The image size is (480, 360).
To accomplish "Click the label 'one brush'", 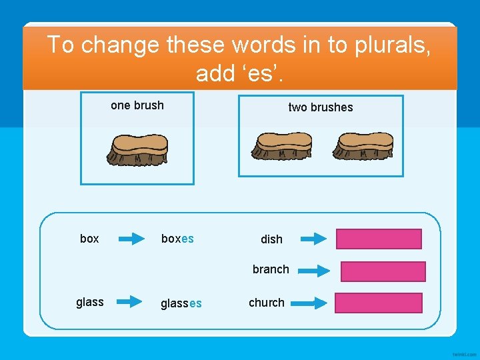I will pyautogui.click(x=137, y=105).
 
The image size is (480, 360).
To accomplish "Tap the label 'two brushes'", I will pyautogui.click(x=320, y=107).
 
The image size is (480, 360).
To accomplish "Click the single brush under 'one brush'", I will pyautogui.click(x=138, y=149).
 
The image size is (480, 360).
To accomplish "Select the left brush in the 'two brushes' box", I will pyautogui.click(x=282, y=145).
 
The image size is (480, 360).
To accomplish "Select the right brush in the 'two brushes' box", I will pyautogui.click(x=365, y=145).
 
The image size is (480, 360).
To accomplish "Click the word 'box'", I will pyautogui.click(x=89, y=239).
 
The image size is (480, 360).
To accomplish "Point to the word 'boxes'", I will pyautogui.click(x=177, y=239).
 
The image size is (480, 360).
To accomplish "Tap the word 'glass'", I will pyautogui.click(x=90, y=302).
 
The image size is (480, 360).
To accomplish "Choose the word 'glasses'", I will pyautogui.click(x=181, y=303).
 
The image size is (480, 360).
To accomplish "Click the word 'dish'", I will pyautogui.click(x=271, y=239).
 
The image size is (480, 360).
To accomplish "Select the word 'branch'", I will pyautogui.click(x=271, y=269).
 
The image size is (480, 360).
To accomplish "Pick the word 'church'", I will pyautogui.click(x=267, y=303).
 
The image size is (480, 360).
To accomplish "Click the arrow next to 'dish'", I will pyautogui.click(x=313, y=239).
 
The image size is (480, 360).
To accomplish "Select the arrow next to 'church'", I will pyautogui.click(x=313, y=303).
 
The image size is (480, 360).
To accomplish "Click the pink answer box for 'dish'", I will pyautogui.click(x=379, y=239).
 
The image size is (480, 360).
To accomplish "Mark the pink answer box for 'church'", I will pyautogui.click(x=378, y=303).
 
